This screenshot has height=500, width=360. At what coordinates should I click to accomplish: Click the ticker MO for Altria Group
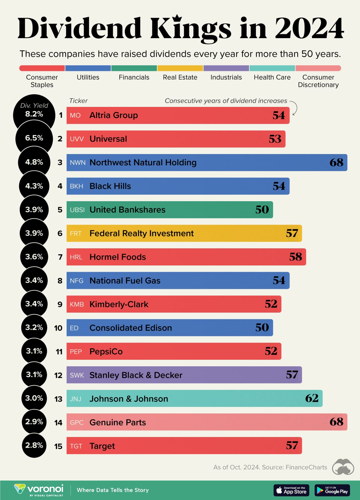tap(75, 116)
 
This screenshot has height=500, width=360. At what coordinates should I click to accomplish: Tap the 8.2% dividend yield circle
tap(34, 114)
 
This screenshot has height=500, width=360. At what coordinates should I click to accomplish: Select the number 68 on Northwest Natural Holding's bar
tap(336, 162)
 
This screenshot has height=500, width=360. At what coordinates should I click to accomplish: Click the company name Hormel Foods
tap(118, 257)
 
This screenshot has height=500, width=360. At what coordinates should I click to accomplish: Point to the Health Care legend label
tap(272, 77)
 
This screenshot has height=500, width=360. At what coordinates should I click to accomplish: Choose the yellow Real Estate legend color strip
tap(180, 68)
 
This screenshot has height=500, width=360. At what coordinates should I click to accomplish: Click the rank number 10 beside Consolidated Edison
tap(58, 328)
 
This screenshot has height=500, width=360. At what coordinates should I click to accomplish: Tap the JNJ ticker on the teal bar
tap(76, 399)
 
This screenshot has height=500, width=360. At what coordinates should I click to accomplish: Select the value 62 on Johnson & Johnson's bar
tap(312, 398)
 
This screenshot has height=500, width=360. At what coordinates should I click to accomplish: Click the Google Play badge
tap(332, 490)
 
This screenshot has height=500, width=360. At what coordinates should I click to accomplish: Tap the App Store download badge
tap(291, 490)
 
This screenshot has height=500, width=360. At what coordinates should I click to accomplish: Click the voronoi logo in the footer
tap(39, 490)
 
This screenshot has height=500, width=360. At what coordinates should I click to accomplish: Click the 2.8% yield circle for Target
tap(34, 445)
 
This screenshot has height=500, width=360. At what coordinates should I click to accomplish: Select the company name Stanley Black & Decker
tap(136, 375)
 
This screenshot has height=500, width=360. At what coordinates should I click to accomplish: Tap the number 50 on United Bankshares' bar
tap(262, 210)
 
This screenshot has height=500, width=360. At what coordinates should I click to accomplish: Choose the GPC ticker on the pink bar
tap(76, 423)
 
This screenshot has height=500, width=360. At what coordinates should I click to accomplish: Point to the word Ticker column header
tap(78, 101)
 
